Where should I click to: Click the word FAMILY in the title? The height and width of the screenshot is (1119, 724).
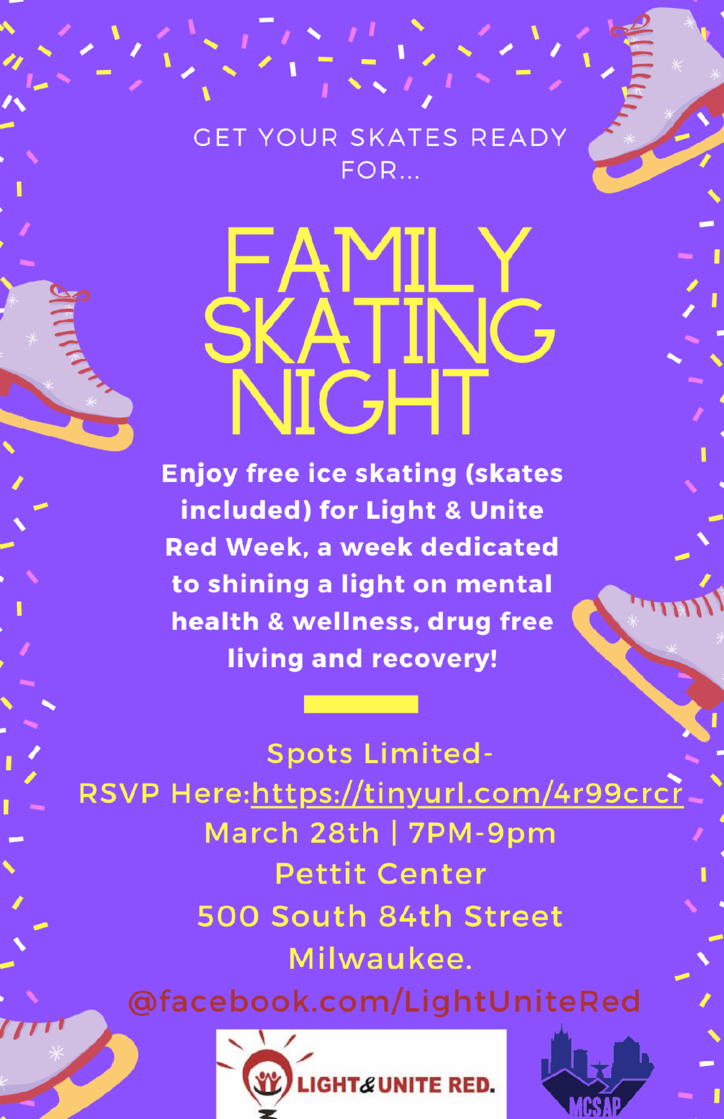[x=378, y=260]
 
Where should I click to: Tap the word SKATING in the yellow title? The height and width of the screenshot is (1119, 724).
[x=379, y=331]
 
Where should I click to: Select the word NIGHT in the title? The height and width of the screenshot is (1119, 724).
[x=360, y=401]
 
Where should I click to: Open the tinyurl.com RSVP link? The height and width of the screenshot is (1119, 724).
[x=468, y=793]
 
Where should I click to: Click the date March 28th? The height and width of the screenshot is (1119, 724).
[x=292, y=833]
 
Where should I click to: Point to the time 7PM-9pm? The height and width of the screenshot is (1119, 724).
[x=482, y=834]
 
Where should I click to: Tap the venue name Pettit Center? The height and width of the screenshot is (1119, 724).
[x=381, y=874]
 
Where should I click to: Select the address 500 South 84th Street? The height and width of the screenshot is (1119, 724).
[x=380, y=916]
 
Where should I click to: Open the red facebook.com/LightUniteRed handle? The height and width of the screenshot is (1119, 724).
[x=384, y=1001]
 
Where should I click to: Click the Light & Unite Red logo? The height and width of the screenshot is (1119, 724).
[x=361, y=1074]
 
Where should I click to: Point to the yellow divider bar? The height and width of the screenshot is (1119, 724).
[x=361, y=704]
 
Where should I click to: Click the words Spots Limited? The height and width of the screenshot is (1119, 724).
[x=374, y=753]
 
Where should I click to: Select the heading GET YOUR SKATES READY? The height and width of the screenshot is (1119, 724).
[x=380, y=138]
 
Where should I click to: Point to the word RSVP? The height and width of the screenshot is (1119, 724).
[x=119, y=794]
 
